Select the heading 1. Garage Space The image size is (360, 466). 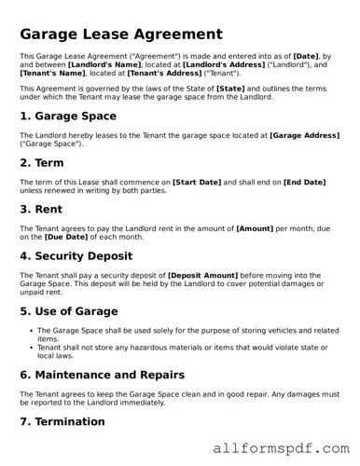click(68, 116)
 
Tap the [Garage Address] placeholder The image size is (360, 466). click(304, 135)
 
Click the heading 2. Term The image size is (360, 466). click(44, 162)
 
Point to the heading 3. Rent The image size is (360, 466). click(43, 209)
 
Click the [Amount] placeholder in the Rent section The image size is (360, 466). click(255, 227)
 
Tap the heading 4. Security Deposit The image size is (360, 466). click(85, 255)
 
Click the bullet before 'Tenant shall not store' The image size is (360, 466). click(32, 347)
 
